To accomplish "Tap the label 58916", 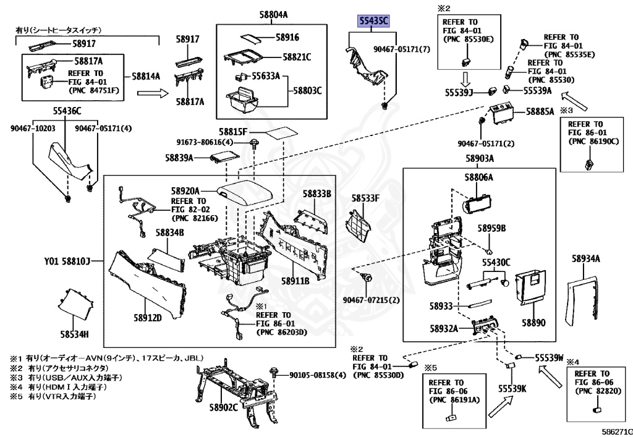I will coord(287,37).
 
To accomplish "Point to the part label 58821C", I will coord(297,57).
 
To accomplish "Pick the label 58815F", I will coord(232,132).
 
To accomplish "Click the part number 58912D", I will coord(147,318).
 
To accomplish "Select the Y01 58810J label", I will coord(67,261).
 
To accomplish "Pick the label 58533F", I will coord(365,198).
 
